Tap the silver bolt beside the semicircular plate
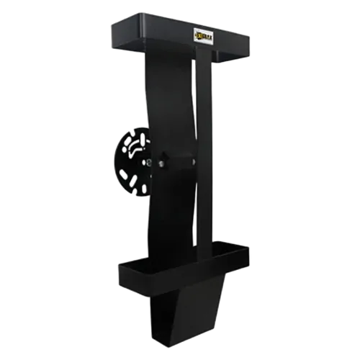(162, 163)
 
